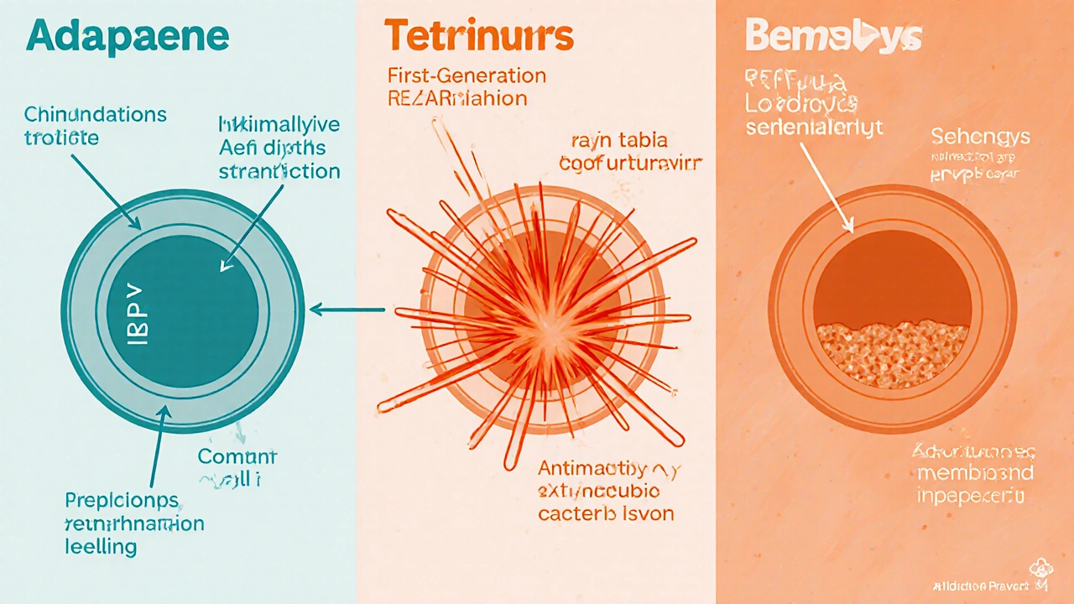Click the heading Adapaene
127,38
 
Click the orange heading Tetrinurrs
479,36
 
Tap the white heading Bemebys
833,38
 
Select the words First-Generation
467,75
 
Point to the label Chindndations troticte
84,126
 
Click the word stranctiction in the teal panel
279,172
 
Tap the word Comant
237,457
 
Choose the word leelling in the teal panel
102,547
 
